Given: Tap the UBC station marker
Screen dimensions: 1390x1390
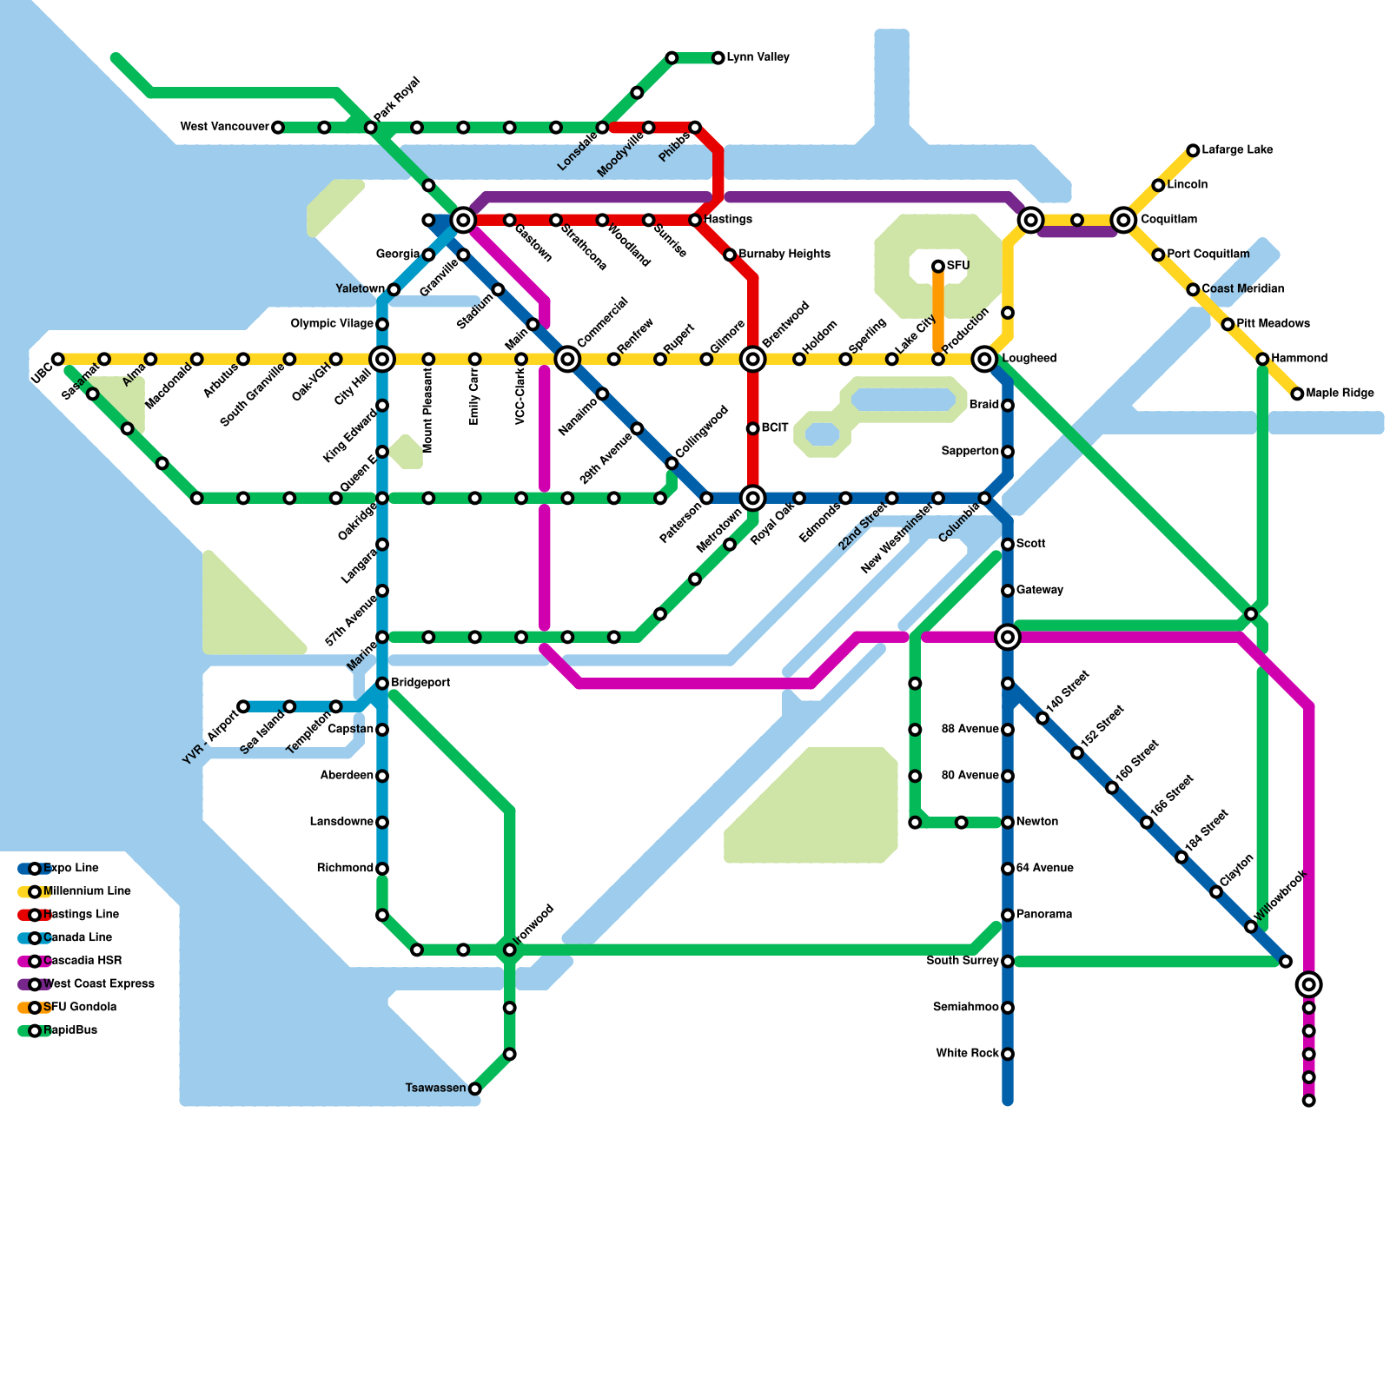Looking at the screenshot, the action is (x=57, y=359).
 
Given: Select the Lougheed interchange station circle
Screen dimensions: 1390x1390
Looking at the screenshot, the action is (x=984, y=358).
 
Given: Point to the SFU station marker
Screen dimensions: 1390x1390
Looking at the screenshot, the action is (x=938, y=266).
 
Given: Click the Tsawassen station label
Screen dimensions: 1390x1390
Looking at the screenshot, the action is (x=435, y=1089).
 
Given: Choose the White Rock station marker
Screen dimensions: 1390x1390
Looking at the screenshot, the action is (x=1008, y=1055).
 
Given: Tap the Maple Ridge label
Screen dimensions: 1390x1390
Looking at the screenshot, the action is (x=1340, y=394).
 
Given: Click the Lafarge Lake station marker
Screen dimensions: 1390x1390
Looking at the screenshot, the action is (x=1194, y=150).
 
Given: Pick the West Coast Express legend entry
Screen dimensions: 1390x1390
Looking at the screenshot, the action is (x=97, y=984).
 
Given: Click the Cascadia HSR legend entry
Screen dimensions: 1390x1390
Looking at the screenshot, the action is (x=82, y=961).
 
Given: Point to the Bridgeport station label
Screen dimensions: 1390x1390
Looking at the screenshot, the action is (x=420, y=683).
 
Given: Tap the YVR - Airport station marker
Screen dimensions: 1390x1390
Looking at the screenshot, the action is (x=243, y=706).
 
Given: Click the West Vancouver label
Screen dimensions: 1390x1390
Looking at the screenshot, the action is (x=224, y=127).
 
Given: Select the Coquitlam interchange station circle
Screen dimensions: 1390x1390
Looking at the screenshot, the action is (x=1123, y=220).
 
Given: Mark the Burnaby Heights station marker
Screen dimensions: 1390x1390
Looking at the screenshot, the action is (x=730, y=255).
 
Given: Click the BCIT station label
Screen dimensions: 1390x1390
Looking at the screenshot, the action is (x=775, y=428).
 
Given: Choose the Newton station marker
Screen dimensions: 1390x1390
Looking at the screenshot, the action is (x=1008, y=822).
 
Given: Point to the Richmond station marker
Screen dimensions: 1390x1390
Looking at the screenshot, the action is (x=382, y=869).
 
